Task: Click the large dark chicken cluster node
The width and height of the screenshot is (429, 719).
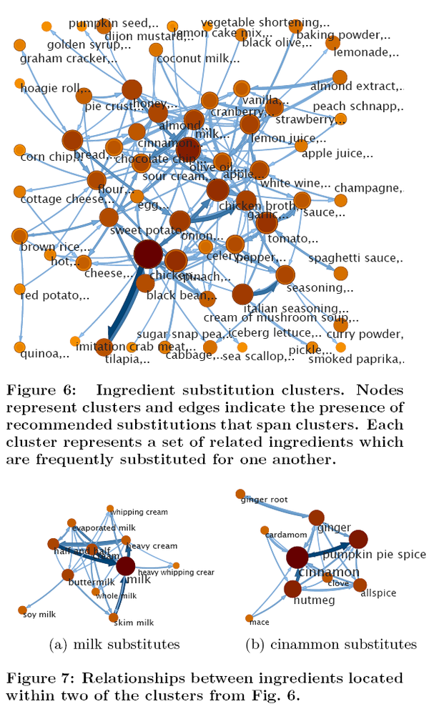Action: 148,254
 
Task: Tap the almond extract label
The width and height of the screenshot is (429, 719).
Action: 357,86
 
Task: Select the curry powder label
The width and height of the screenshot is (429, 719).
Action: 364,334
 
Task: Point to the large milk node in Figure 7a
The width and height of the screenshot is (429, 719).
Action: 126,566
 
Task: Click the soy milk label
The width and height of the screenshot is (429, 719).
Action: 39,615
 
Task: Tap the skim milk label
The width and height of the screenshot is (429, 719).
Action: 134,623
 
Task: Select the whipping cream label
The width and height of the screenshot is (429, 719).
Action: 139,512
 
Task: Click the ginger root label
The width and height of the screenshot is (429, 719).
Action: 264,499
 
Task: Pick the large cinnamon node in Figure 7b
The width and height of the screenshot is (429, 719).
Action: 297,557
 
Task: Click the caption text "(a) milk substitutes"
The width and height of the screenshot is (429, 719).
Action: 114,645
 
